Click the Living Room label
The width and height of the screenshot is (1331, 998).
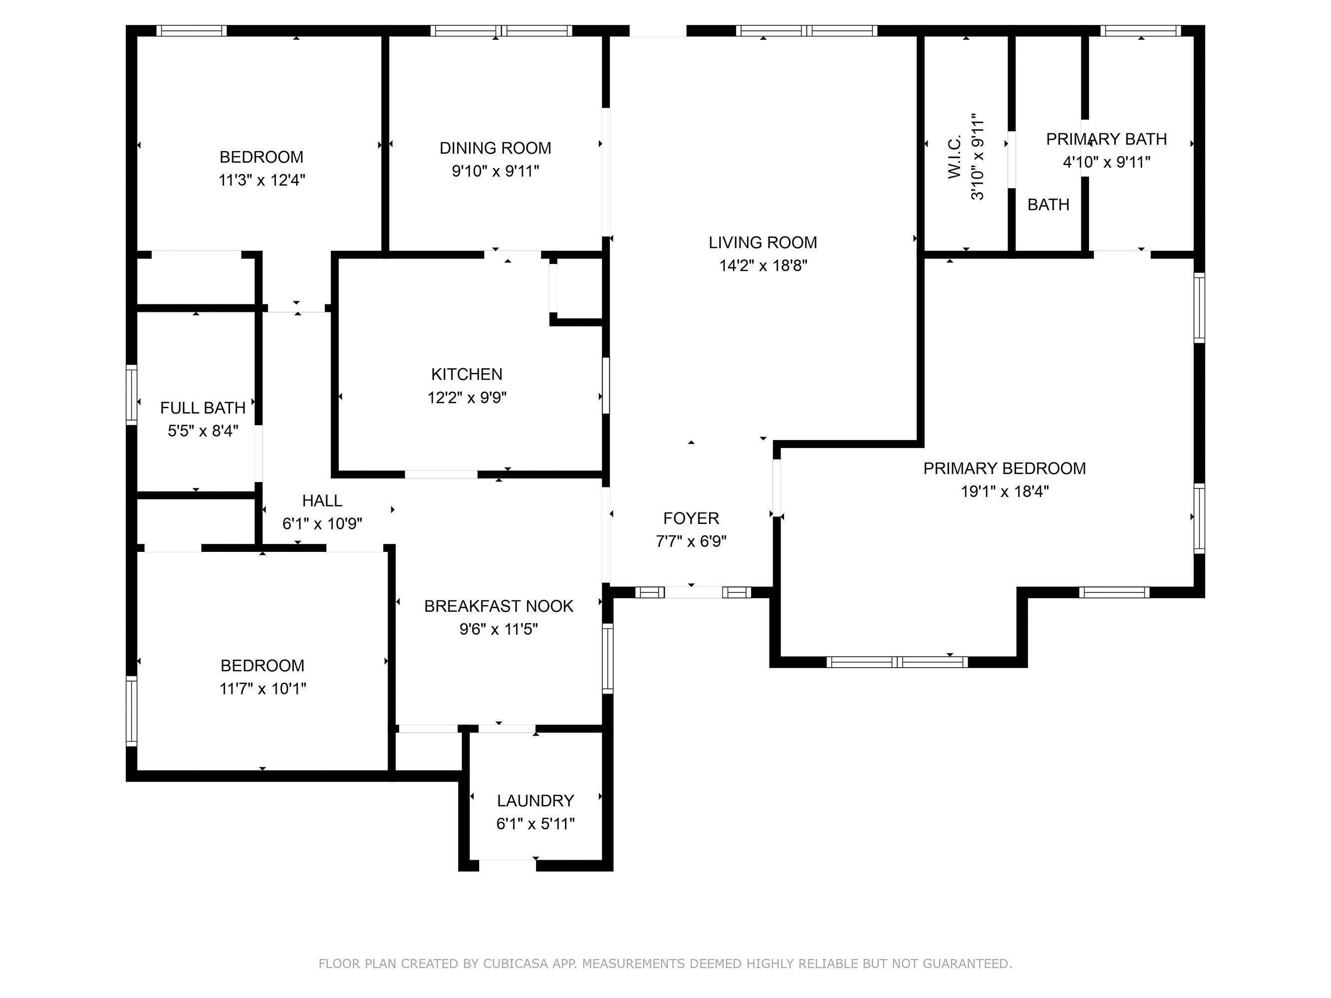pos(763,243)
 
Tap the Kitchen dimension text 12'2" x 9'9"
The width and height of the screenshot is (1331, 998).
pos(467,398)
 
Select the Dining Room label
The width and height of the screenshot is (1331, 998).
pos(495,148)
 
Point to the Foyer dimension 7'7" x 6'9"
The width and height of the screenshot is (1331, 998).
pos(691,541)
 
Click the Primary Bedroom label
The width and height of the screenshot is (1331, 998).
pos(1004,468)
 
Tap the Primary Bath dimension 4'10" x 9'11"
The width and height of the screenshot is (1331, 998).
pos(1106,162)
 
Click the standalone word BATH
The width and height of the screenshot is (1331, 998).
pos(1048,205)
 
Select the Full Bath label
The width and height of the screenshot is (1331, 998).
pos(203,408)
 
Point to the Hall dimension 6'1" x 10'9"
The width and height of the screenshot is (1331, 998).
pos(322,524)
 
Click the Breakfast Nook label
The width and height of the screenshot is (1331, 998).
pos(498,606)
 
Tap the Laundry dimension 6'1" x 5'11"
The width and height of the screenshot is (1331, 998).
pos(535,823)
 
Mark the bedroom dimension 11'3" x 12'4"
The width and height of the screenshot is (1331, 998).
pos(262,180)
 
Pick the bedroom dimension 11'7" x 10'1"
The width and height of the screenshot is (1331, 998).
pos(263,688)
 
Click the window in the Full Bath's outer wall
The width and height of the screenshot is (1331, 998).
pos(131,395)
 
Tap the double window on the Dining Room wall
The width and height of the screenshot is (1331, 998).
pos(501,30)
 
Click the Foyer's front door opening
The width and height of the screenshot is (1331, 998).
pos(693,592)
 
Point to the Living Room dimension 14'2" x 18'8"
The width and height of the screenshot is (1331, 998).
pos(763,265)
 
